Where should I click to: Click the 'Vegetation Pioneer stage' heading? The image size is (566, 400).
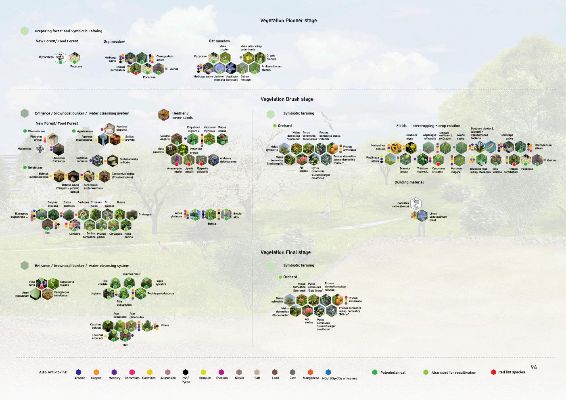pyautogui.click(x=288, y=21)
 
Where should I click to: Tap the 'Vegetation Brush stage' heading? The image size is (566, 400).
pyautogui.click(x=287, y=99)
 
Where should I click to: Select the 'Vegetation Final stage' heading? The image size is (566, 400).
pyautogui.click(x=286, y=252)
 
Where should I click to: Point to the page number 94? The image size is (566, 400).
pyautogui.click(x=534, y=367)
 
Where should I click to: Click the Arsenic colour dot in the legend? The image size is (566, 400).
pyautogui.click(x=78, y=372)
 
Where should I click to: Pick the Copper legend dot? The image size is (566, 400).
pyautogui.click(x=96, y=372)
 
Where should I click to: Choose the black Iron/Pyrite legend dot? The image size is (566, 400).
pyautogui.click(x=185, y=372)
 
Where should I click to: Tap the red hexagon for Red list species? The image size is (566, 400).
pyautogui.click(x=493, y=372)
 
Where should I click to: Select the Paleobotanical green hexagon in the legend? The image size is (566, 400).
pyautogui.click(x=375, y=372)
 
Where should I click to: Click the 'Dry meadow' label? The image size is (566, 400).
pyautogui.click(x=114, y=42)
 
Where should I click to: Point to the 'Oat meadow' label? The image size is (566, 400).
pyautogui.click(x=219, y=41)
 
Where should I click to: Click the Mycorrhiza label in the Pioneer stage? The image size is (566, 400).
pyautogui.click(x=46, y=57)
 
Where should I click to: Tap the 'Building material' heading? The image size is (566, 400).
pyautogui.click(x=409, y=182)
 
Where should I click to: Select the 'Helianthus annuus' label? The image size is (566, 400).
pyautogui.click(x=378, y=147)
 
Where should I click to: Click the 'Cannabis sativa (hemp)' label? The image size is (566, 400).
pyautogui.click(x=401, y=205)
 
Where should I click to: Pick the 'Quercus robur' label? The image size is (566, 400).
pyautogui.click(x=132, y=274)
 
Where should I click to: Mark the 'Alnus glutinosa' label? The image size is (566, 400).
pyautogui.click(x=178, y=215)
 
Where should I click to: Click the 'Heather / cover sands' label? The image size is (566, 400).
pyautogui.click(x=182, y=116)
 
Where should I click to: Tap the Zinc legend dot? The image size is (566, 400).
pyautogui.click(x=292, y=372)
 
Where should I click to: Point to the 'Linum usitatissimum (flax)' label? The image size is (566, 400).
pyautogui.click(x=438, y=217)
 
